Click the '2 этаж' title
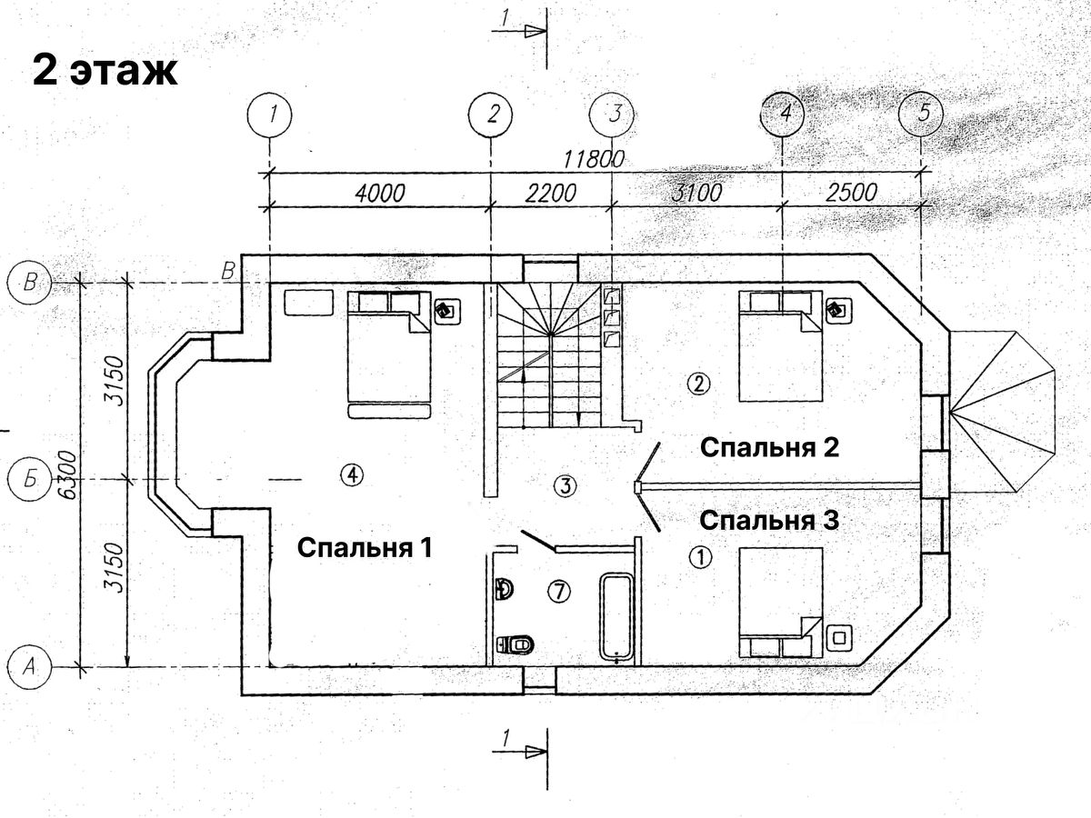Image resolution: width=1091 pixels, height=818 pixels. pyautogui.click(x=105, y=69)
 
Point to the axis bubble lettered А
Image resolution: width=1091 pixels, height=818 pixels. pyautogui.click(x=29, y=668)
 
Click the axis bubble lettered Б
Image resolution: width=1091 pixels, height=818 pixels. pyautogui.click(x=29, y=479)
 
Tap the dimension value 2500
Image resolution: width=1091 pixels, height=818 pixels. pyautogui.click(x=853, y=193)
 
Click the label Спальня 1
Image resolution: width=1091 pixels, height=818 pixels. pyautogui.click(x=364, y=548)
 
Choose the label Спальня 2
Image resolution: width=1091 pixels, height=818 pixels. pyautogui.click(x=768, y=447)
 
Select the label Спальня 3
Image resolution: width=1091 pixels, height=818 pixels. pyautogui.click(x=768, y=521)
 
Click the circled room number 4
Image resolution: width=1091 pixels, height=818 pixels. pyautogui.click(x=352, y=473)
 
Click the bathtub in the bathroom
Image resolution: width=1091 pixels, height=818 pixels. pyautogui.click(x=616, y=614)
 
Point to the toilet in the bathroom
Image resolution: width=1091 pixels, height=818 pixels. pyautogui.click(x=515, y=644)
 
